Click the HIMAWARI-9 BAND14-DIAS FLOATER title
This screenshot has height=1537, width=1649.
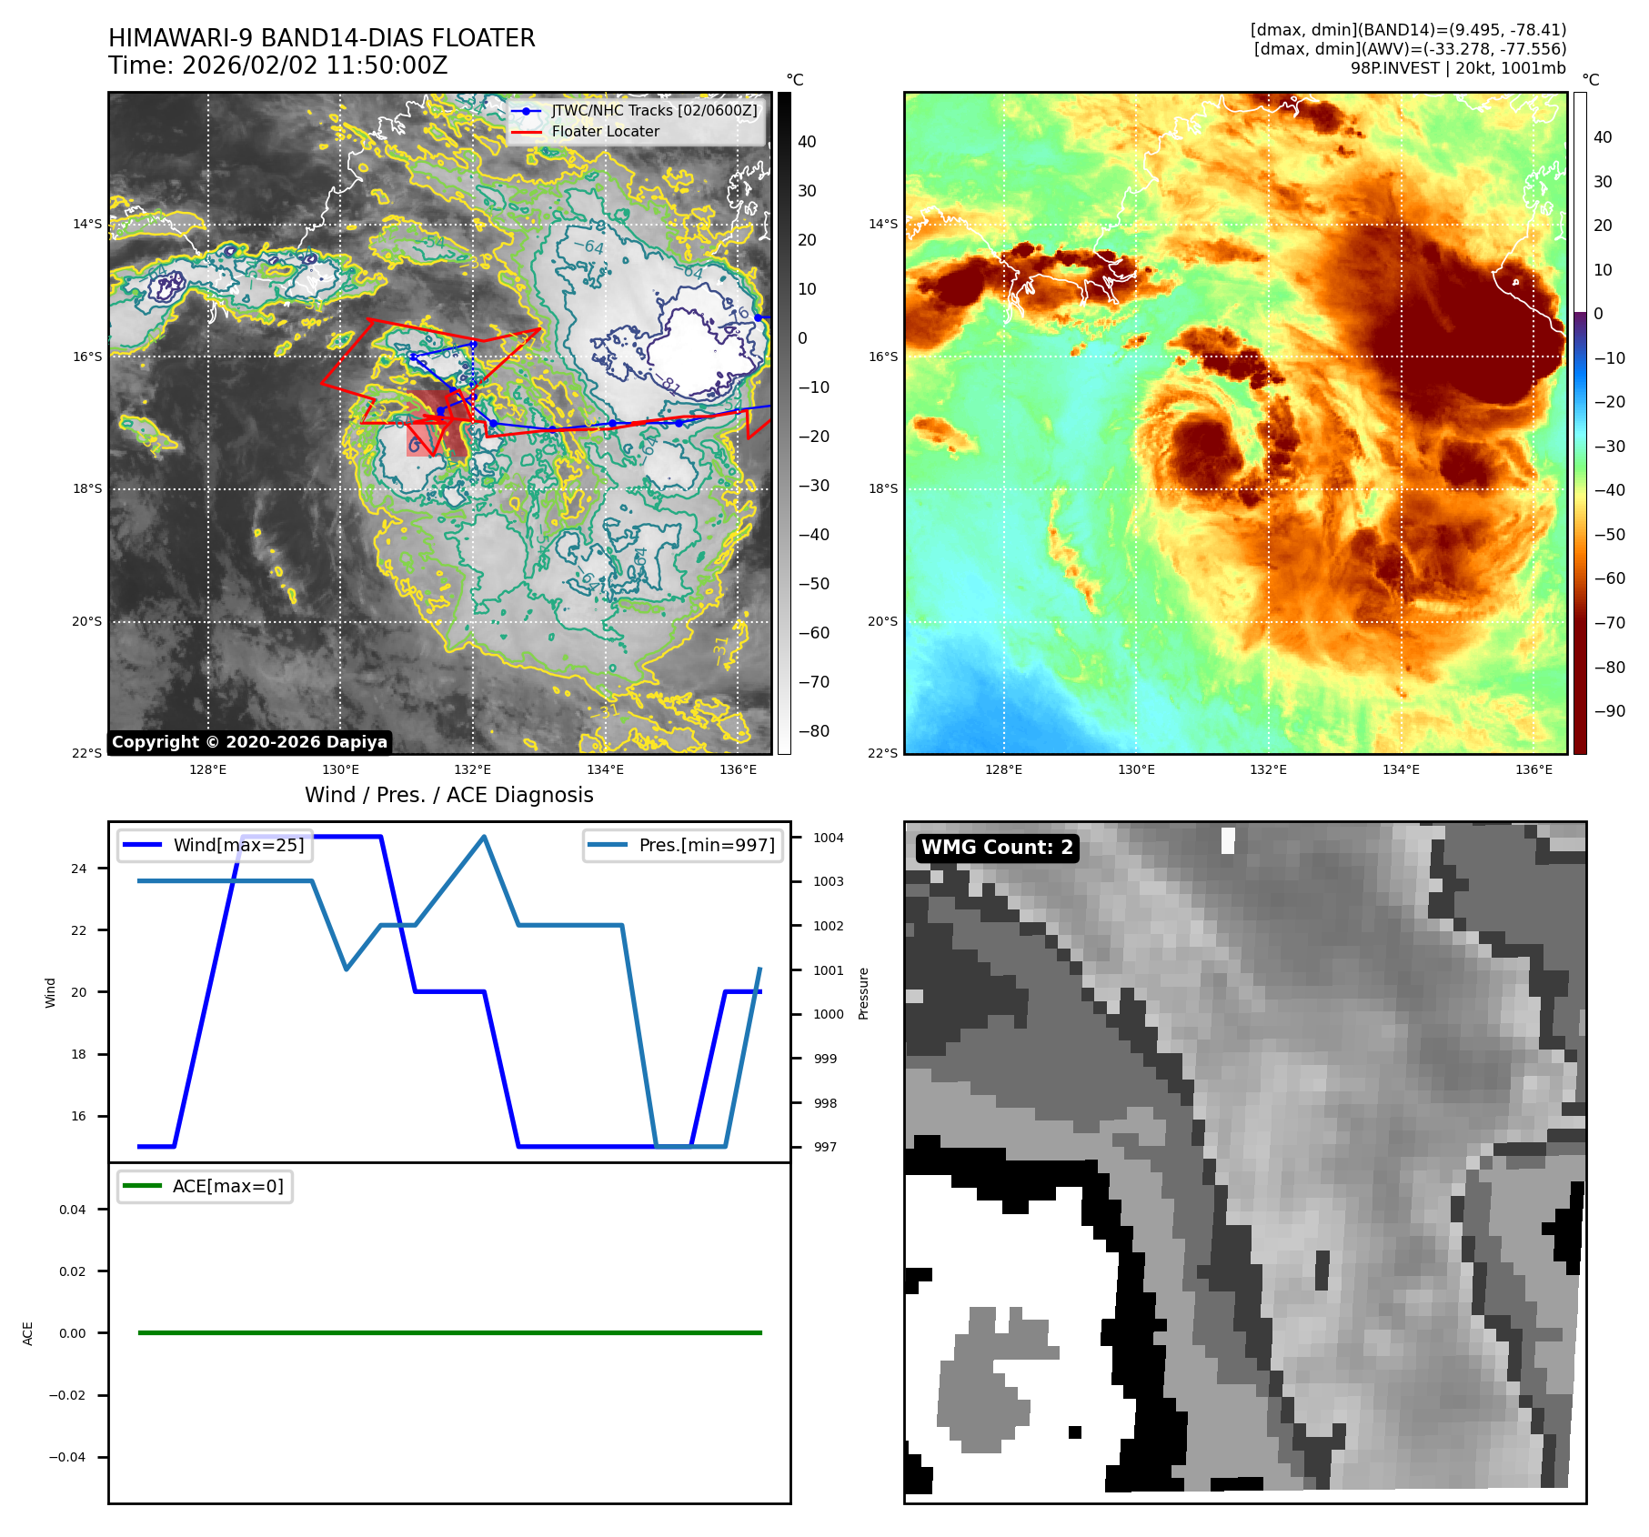321,38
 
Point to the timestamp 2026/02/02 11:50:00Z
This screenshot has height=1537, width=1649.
314,65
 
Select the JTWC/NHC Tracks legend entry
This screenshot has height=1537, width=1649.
653,110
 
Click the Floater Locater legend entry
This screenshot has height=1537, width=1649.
605,131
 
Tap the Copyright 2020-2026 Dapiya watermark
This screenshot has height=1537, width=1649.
249,742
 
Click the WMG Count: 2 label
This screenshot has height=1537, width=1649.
997,848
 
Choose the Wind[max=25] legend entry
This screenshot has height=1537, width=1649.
238,845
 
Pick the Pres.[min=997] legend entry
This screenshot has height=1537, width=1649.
706,845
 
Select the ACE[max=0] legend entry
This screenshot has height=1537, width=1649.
227,1186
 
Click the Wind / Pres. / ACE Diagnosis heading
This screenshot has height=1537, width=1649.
448,795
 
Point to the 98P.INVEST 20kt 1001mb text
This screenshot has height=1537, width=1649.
1457,68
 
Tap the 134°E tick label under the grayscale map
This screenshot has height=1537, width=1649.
605,769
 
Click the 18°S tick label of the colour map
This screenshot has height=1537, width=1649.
882,488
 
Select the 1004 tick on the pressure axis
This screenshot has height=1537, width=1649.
828,838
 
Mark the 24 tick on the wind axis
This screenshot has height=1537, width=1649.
79,869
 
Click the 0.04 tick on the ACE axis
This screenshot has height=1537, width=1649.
73,1210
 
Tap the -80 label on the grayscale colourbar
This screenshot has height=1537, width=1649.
813,731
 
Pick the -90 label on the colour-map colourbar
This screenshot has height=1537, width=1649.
1609,711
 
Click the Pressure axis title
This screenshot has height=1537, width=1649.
863,993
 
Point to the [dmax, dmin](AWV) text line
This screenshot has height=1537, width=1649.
1410,49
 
